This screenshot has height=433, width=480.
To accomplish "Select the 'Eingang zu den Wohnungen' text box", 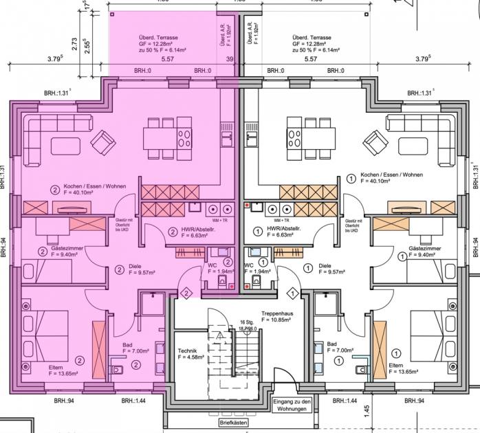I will [x=292, y=405].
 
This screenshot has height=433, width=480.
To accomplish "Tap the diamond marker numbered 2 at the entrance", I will [x=185, y=293].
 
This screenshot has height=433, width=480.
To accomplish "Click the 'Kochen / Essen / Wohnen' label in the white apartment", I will [x=391, y=175].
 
